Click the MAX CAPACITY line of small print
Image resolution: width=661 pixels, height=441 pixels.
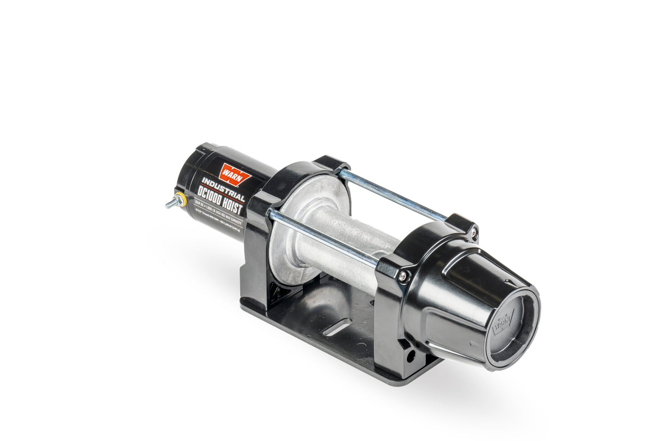click(x=222, y=213)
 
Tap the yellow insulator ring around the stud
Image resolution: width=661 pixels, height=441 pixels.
click(x=180, y=200)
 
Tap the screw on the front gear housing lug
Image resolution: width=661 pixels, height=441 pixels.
click(x=402, y=276)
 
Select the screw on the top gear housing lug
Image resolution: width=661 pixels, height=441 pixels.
click(x=473, y=233)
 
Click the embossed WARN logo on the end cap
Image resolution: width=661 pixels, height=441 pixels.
click(x=503, y=322)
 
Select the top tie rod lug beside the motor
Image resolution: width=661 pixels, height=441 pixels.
click(x=330, y=164)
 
